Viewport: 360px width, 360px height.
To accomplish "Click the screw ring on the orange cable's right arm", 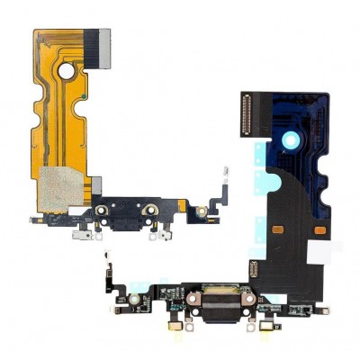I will pos(202,211).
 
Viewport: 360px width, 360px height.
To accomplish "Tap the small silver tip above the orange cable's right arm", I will pos(226,169).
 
